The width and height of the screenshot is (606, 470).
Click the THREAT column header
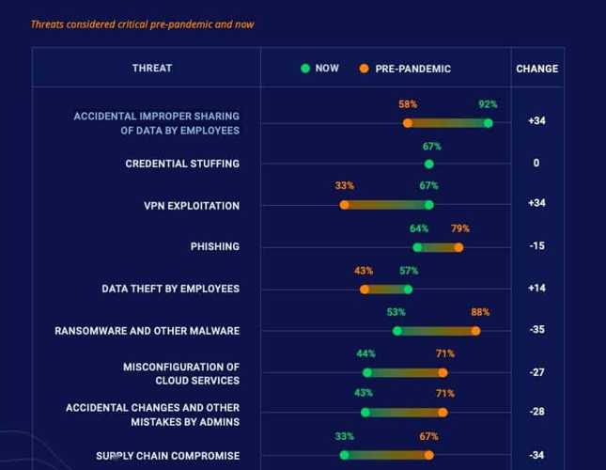point(151,69)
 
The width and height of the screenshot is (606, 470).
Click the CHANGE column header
point(536,69)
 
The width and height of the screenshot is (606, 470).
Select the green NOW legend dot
point(305,69)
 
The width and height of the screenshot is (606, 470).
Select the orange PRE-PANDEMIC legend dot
point(364,69)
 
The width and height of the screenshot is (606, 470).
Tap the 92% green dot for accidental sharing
point(488,122)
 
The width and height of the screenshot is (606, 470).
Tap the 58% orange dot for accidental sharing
point(408,122)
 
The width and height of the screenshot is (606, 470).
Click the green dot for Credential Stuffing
point(428,164)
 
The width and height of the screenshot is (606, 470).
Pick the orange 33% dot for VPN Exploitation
point(344,205)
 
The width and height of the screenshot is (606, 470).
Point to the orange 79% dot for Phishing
point(458,247)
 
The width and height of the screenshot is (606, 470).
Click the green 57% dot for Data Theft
point(408,290)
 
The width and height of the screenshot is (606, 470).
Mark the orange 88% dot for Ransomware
point(475,331)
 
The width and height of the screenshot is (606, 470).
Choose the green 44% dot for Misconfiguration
point(366,372)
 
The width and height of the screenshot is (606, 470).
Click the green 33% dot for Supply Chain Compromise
point(344,455)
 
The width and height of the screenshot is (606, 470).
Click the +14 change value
point(536,288)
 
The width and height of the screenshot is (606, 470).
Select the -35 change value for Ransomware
point(536,330)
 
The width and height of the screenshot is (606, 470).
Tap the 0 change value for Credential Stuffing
point(536,164)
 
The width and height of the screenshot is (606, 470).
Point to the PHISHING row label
point(214,246)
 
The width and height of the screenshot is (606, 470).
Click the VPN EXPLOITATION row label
point(191,206)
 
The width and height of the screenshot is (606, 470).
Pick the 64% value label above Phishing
point(419,228)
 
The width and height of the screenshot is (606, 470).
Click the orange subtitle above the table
point(142,24)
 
